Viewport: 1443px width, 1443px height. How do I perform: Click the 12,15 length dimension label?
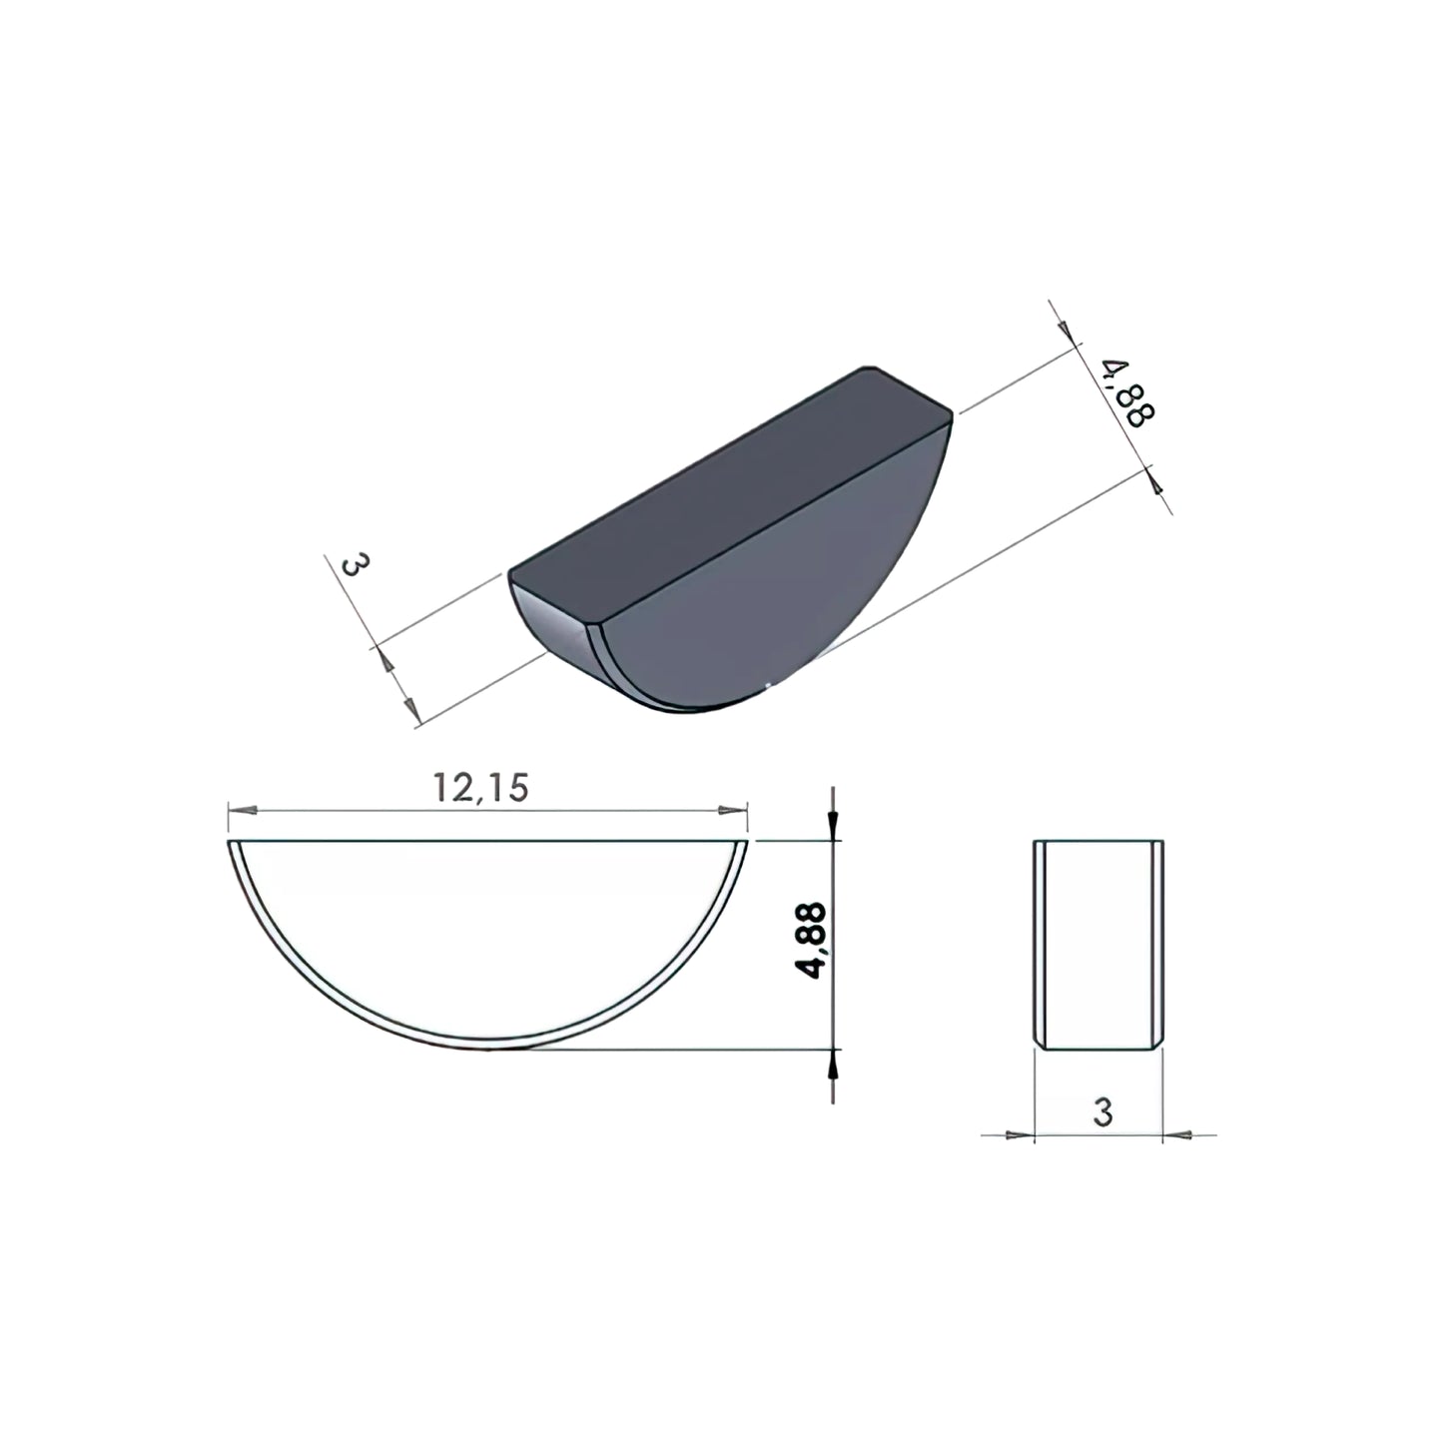click(480, 788)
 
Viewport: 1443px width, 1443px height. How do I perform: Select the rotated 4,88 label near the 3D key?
click(1130, 393)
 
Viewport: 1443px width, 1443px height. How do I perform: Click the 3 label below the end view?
click(1102, 1112)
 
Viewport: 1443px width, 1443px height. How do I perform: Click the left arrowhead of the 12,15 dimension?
click(242, 810)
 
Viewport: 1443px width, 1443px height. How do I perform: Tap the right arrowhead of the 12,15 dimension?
click(732, 810)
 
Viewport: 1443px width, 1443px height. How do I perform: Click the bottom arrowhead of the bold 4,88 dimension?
click(833, 1064)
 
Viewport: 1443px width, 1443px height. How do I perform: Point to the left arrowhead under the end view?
click(1020, 1135)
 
